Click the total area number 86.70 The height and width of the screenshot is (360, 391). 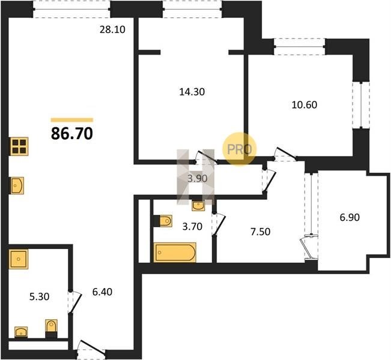tap(72, 134)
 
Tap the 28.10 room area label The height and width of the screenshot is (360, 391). tap(112, 29)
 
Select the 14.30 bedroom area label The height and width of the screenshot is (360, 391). tap(192, 92)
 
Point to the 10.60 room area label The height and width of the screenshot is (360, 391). tap(305, 105)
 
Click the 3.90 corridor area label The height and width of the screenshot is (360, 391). tap(198, 178)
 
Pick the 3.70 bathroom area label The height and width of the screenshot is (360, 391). tap(192, 227)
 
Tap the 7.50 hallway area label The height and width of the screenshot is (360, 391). tap(260, 232)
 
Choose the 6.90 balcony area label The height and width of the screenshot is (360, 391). tap(350, 217)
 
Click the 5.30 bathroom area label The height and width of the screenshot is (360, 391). tap(39, 297)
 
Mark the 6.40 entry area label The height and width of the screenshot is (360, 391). tap(102, 292)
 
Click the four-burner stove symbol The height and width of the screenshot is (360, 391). tap(19, 146)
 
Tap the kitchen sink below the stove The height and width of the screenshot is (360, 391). tap(17, 185)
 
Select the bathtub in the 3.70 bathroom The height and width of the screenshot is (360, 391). tap(175, 253)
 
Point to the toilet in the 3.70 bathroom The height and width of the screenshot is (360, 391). tap(163, 221)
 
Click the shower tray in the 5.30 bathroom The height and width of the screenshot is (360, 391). tap(19, 259)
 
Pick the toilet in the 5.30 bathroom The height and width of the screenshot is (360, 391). tap(52, 328)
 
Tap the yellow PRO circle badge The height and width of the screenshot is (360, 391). tap(239, 149)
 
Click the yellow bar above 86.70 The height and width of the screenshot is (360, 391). tap(72, 120)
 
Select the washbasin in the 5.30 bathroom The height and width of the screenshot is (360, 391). tap(21, 332)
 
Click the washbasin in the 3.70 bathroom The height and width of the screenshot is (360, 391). tap(198, 206)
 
